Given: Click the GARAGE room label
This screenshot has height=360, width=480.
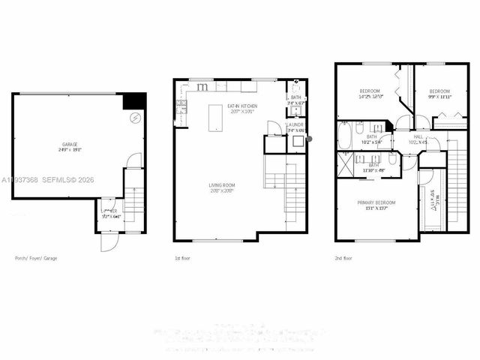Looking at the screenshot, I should click(70, 144).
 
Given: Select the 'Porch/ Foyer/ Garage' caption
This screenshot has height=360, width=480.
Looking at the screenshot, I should click(36, 258).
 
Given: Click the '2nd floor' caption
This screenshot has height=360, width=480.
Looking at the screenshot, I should click(344, 258).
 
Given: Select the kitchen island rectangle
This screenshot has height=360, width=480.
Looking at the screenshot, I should click(216, 118).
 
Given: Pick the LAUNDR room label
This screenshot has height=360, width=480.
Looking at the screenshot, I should click(295, 124).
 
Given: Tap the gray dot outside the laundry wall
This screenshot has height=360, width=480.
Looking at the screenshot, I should click(309, 139).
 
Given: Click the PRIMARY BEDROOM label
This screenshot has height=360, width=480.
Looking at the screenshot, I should click(376, 202).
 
